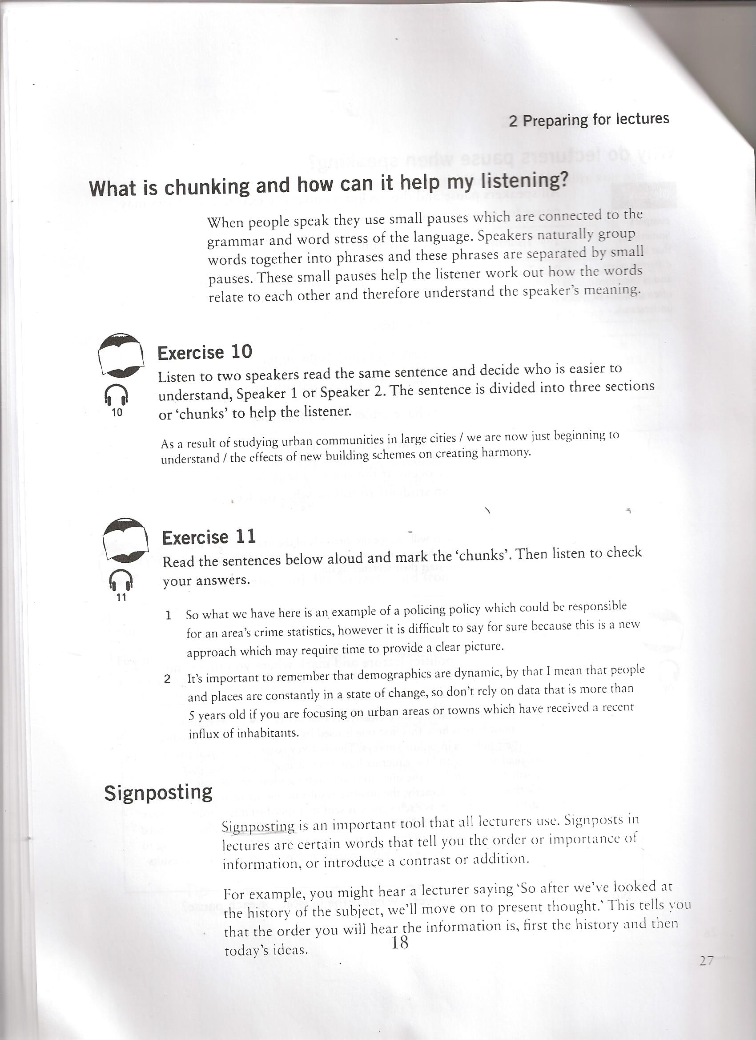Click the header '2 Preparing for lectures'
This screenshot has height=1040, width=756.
coord(589,120)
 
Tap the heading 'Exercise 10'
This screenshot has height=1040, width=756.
coord(205,352)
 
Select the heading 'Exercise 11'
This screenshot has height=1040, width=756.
coord(209,537)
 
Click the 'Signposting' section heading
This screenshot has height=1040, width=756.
coord(158,792)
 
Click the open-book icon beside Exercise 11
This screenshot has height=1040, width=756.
coord(125,540)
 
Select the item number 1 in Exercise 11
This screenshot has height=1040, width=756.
coord(169,615)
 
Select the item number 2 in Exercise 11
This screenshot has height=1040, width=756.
coord(167,680)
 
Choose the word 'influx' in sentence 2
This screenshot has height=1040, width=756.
coord(202,733)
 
